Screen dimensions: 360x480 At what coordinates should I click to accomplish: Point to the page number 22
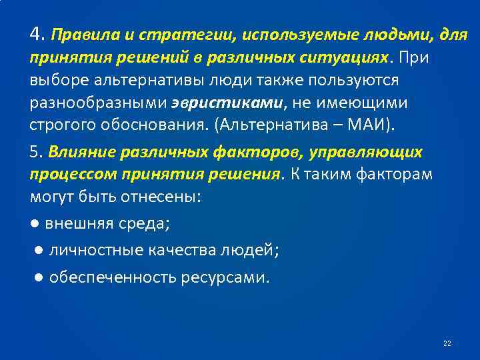point(447,343)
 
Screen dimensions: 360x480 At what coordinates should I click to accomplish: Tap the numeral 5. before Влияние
point(36,152)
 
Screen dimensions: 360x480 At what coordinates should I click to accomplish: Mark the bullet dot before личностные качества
point(40,250)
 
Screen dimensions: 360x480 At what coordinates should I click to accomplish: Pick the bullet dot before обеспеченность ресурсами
point(40,277)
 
